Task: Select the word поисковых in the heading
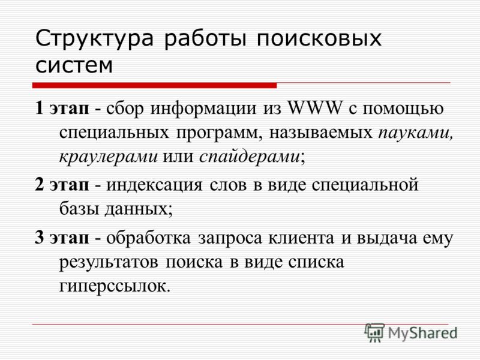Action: point(319,38)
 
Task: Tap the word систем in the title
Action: point(74,65)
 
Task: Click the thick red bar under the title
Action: point(155,85)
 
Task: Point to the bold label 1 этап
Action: point(62,109)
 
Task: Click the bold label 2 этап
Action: point(62,185)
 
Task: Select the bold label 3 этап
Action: point(62,238)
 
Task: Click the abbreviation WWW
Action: point(314,108)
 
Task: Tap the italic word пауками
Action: point(415,133)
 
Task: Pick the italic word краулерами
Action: point(109,157)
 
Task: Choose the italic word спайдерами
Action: point(250,157)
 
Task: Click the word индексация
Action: point(154,185)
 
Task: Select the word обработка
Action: point(148,238)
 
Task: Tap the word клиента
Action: point(301,238)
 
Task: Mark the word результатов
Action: point(109,263)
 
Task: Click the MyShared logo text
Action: point(422,333)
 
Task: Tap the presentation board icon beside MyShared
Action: point(374,332)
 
